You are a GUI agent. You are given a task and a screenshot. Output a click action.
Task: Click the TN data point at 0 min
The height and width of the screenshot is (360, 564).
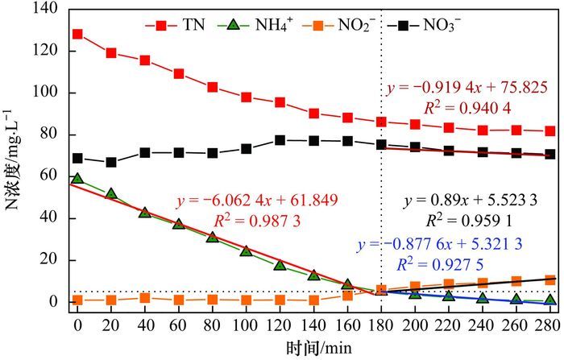coord(78,35)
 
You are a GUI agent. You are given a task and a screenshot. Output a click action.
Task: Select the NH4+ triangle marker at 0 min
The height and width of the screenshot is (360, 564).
coord(78,179)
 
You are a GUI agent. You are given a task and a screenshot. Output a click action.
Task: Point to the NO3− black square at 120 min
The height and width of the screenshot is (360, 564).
coord(280,140)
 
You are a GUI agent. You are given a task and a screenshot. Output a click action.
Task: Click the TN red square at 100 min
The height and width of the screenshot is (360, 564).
coord(247,97)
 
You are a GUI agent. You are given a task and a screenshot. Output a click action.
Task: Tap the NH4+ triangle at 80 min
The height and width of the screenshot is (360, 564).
coord(213,237)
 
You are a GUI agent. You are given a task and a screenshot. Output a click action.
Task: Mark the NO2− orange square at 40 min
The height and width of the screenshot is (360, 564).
coord(145,298)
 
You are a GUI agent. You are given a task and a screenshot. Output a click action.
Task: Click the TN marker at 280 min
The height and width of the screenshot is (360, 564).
coord(550,130)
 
